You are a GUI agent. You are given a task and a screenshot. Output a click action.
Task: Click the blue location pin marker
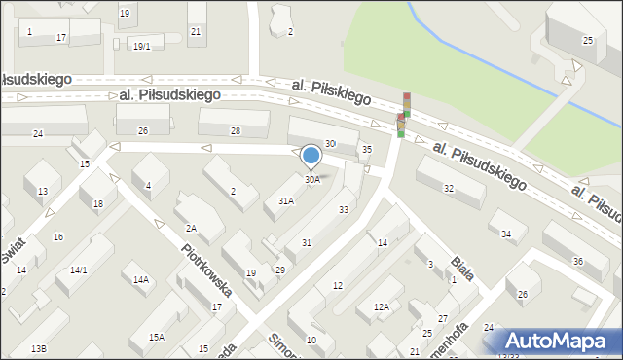point(311,156)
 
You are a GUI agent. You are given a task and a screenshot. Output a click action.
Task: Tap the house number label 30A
point(311,179)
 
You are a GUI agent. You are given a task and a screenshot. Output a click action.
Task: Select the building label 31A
point(285,200)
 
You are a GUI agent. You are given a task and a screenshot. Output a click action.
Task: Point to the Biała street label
point(462,268)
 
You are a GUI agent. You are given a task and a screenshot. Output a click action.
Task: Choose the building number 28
point(235,130)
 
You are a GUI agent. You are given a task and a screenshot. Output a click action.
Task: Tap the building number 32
point(448,188)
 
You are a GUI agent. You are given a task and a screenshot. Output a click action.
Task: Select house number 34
point(506,234)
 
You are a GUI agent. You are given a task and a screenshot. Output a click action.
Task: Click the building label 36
point(578,261)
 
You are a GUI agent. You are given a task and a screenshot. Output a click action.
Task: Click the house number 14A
point(141,280)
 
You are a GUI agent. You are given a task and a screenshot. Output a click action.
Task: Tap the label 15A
point(157,337)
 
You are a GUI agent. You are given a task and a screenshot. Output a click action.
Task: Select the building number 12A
point(381,306)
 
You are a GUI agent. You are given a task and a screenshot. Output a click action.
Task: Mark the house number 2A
point(192,228)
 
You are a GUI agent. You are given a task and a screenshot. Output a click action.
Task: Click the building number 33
point(344,209)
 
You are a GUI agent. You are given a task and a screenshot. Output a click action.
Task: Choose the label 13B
point(38,348)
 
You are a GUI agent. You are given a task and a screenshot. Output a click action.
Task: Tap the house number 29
point(279,270)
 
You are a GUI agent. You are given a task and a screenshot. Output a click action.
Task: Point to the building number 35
point(366,149)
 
